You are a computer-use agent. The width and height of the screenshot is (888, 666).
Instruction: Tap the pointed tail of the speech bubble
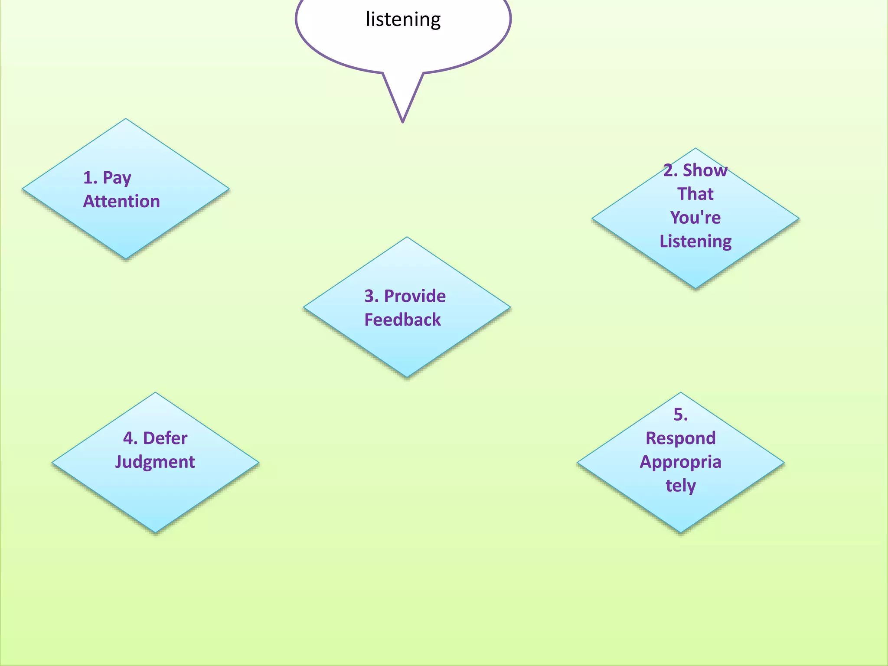(x=403, y=117)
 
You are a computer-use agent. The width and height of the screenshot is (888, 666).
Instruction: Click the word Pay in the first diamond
(x=117, y=178)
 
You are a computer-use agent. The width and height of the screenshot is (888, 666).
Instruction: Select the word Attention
(x=121, y=202)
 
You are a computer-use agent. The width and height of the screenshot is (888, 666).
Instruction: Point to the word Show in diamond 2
(x=705, y=170)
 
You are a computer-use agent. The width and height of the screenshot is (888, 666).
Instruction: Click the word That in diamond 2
(x=695, y=194)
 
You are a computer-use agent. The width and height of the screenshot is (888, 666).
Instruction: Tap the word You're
(x=695, y=217)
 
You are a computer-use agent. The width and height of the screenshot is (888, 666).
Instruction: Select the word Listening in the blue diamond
(x=695, y=241)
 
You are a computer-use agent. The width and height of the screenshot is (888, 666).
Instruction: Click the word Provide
(x=415, y=296)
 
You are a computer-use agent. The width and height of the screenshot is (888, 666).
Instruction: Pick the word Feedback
(x=402, y=320)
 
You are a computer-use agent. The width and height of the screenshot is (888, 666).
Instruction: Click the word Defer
(x=165, y=438)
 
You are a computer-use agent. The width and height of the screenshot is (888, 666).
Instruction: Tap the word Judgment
(x=155, y=462)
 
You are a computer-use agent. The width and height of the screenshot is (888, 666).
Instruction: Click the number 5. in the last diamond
(x=680, y=415)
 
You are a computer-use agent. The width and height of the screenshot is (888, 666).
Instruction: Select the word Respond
(x=680, y=438)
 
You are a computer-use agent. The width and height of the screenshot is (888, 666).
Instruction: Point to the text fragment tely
(x=680, y=486)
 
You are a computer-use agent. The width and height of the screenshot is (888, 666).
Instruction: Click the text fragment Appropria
(x=680, y=462)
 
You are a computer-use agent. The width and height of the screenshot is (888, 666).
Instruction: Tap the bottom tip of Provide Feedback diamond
(x=407, y=376)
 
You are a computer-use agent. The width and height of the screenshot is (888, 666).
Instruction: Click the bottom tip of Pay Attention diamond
(x=126, y=258)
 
